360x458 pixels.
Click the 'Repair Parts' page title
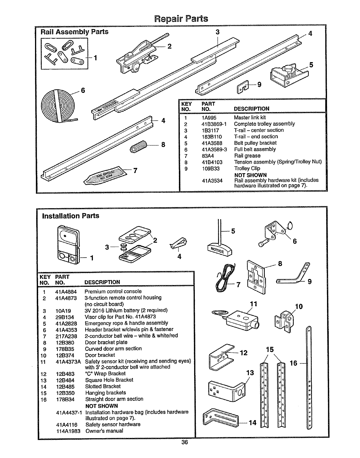[181, 19]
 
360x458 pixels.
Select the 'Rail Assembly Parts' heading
[74, 32]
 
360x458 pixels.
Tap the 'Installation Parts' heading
[71, 216]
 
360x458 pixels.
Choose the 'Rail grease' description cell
[247, 156]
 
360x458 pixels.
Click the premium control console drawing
[68, 243]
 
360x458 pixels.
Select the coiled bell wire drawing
[225, 276]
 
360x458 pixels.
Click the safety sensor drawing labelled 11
[242, 320]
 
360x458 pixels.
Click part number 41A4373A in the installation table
[68, 362]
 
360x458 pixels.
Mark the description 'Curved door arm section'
[113, 349]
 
